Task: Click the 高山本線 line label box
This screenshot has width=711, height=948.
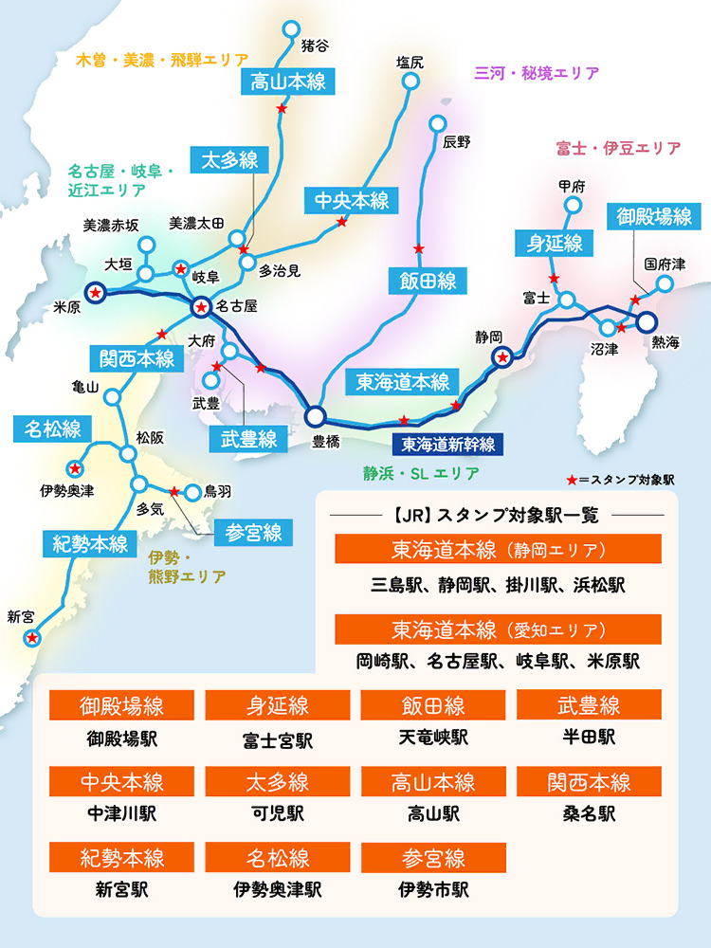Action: tap(288, 82)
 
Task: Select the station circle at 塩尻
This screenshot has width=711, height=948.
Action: tap(410, 82)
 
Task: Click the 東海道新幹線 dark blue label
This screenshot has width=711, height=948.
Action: tap(448, 443)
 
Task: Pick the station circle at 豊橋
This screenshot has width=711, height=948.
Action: tap(315, 415)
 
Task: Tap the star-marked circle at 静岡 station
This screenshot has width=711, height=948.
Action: tap(502, 357)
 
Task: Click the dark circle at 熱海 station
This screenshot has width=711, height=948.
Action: tap(647, 321)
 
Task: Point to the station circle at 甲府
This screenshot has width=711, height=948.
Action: tap(573, 205)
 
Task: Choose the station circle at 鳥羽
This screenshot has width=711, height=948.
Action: tap(195, 492)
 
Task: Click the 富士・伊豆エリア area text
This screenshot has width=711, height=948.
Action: tap(618, 149)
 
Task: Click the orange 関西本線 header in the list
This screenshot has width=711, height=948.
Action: tap(589, 782)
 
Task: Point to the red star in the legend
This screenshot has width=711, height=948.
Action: tap(572, 480)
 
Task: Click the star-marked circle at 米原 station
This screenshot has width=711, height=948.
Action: tap(96, 294)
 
